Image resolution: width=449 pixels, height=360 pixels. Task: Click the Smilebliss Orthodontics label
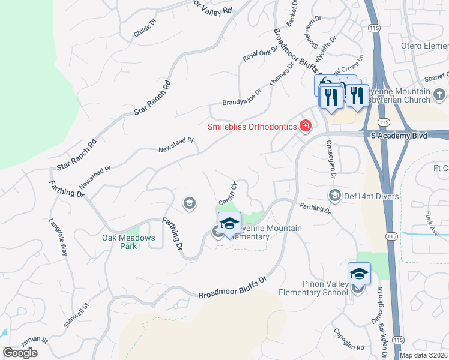(252, 127)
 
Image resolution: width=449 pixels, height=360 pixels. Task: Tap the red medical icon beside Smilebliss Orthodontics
(306, 125)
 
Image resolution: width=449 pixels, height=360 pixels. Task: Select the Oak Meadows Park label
(128, 242)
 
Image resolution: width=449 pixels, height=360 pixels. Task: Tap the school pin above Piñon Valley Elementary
(359, 274)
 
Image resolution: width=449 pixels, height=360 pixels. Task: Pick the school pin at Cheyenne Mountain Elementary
(229, 224)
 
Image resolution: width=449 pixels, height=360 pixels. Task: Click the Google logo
(20, 353)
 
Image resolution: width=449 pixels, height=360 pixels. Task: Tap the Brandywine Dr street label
(242, 97)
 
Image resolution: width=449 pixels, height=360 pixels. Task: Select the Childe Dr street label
(145, 31)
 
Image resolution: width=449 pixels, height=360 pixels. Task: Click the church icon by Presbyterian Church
(439, 94)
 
